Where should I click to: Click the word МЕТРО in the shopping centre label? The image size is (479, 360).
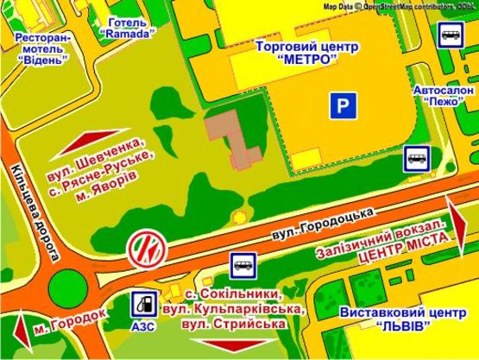click(308, 62)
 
